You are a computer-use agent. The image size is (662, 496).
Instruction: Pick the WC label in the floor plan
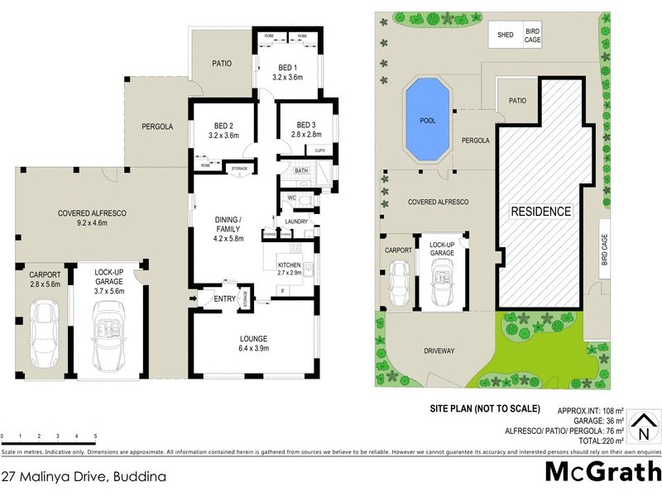pos(292,198)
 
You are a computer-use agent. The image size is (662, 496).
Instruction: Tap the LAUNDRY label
pos(295,222)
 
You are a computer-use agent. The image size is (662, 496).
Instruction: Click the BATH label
pos(301,171)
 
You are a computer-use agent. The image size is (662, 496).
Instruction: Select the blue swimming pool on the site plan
pos(428,120)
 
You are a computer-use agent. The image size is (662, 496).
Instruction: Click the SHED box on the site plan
pos(506,35)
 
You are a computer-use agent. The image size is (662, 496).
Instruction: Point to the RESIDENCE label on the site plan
pos(540,212)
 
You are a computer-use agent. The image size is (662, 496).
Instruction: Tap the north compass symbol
pos(640,430)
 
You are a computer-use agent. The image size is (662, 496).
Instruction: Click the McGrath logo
pos(602,471)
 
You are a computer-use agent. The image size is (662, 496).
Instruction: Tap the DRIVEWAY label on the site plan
pos(439,351)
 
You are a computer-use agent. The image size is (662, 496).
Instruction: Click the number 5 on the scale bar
pos(95,436)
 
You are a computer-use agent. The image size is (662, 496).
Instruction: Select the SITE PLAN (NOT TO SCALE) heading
pos(484,408)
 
